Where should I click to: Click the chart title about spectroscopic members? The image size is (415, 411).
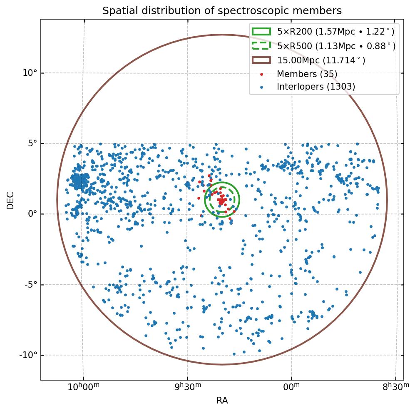[222, 11]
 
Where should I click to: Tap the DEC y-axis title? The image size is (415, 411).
[10, 200]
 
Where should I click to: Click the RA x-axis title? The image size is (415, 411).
[222, 401]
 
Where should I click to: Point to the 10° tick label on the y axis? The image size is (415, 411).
[30, 73]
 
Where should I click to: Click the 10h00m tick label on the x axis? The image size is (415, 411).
[83, 387]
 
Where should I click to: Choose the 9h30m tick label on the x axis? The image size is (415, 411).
[187, 387]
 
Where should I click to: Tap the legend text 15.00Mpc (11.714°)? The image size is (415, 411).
[321, 60]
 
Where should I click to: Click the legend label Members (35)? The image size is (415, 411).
[307, 74]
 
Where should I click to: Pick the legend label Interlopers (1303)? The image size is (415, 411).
[316, 87]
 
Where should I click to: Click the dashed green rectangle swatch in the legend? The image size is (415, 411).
[261, 46]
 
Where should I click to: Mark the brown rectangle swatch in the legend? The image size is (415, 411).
[261, 60]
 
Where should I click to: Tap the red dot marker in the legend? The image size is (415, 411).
[261, 74]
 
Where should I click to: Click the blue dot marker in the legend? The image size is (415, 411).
[261, 87]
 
